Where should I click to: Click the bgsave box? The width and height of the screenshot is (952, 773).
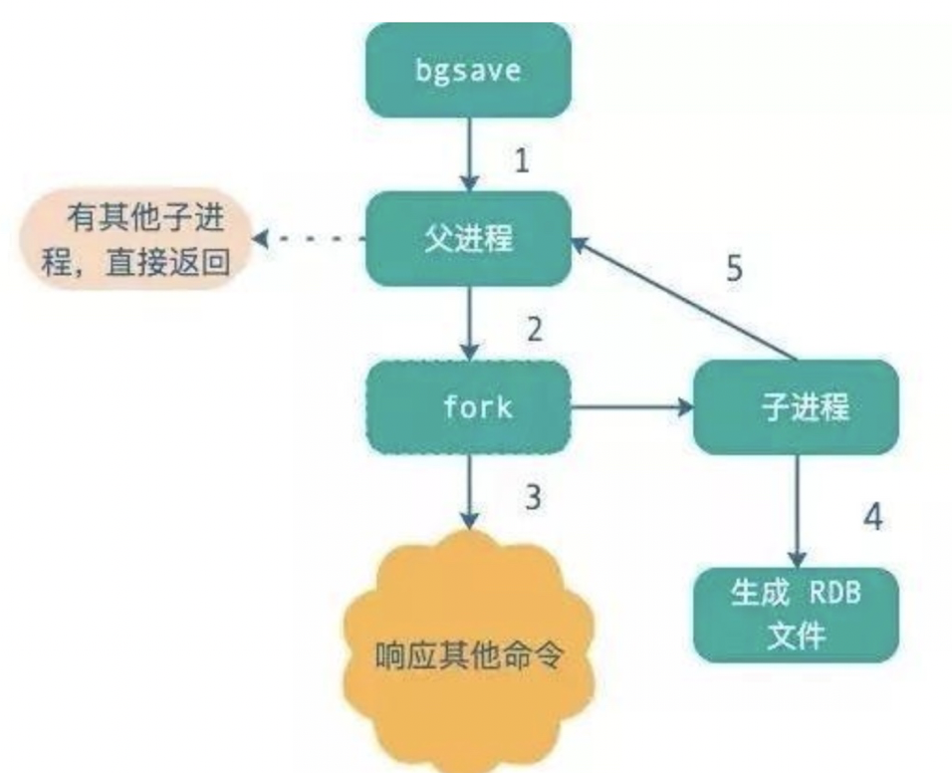468,70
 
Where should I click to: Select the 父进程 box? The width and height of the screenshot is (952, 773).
468,239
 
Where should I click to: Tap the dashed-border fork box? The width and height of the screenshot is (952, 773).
468,406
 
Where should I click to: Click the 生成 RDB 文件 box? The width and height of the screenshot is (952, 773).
795,613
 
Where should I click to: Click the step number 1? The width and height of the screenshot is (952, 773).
521,159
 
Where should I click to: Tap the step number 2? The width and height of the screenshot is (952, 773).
535,328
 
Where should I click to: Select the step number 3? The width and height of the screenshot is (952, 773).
535,495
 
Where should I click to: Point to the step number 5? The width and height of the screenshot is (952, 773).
734,270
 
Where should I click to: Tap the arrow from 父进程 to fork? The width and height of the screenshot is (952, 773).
468,324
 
